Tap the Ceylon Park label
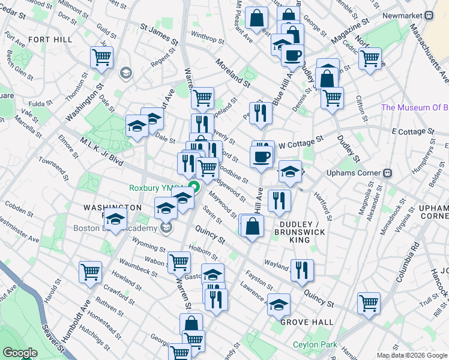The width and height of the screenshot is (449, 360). click(315, 345)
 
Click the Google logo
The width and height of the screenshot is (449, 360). click(20, 353)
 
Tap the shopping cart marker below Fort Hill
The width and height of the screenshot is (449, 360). click(102, 58)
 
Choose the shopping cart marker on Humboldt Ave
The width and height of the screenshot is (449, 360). click(91, 271)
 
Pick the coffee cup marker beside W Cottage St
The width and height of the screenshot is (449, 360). click(261, 157)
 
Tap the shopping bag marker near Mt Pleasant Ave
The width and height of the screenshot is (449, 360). click(256, 19)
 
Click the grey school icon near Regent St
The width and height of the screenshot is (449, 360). click(125, 73)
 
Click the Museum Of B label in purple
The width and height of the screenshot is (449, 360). click(415, 108)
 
